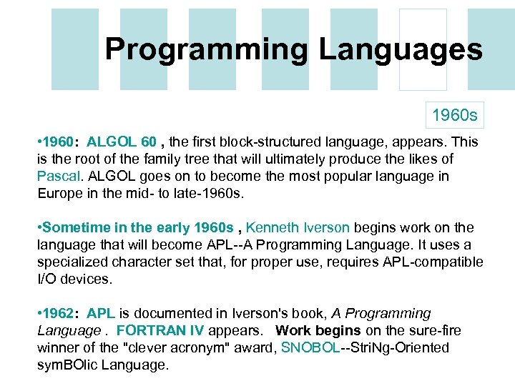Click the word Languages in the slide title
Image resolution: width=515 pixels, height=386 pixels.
click(x=401, y=49)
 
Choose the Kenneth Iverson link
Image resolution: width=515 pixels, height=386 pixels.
click(x=298, y=228)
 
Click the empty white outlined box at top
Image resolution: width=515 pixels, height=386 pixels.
click(x=422, y=49)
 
